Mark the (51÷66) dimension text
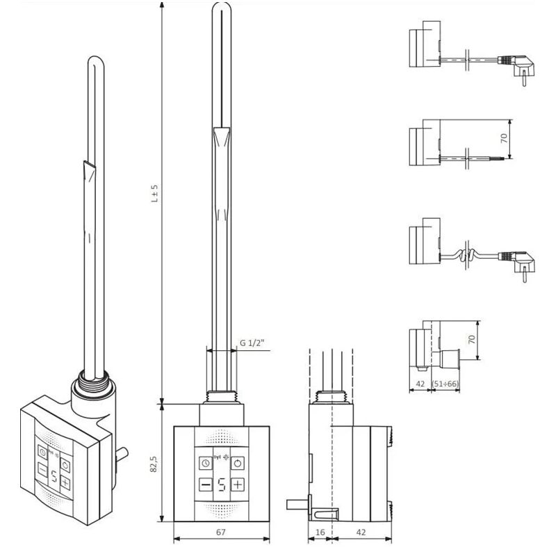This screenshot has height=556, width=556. pos(449,382)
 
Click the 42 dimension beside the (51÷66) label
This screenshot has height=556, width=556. pos(419,382)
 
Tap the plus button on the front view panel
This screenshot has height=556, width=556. pos(238,484)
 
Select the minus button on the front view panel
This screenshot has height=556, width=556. pos(206,484)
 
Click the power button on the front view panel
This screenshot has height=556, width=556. pos(238,464)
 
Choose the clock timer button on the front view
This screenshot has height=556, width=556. pos(206,464)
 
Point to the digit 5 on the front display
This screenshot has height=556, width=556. pos(222,485)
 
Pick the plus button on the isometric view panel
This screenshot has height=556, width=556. pos(65,482)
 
